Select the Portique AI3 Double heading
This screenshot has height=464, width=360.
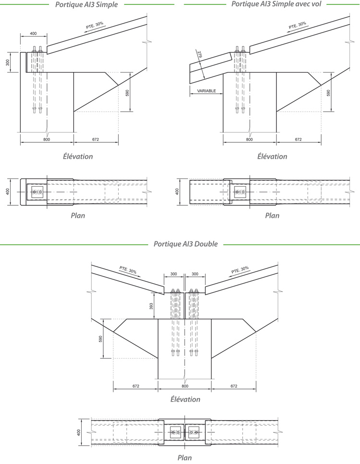(x=186, y=244)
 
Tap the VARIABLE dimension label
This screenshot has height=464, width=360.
(x=207, y=91)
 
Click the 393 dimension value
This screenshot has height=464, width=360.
(x=151, y=306)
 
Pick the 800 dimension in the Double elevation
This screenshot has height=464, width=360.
(x=185, y=386)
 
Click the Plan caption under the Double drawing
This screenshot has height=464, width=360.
(x=185, y=458)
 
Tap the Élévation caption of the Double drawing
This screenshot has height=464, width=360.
(x=185, y=399)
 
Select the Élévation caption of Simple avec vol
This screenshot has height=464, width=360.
(x=272, y=156)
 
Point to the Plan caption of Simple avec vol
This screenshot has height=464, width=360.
(x=272, y=215)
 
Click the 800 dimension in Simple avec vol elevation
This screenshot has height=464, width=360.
(x=249, y=139)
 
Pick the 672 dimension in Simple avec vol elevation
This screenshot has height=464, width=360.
(x=298, y=139)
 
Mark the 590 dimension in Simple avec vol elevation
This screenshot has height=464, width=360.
(x=329, y=92)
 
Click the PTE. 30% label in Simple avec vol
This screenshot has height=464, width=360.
(x=297, y=25)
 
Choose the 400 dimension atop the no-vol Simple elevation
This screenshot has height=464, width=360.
(x=33, y=34)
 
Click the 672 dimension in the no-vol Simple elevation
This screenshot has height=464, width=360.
(x=95, y=139)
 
